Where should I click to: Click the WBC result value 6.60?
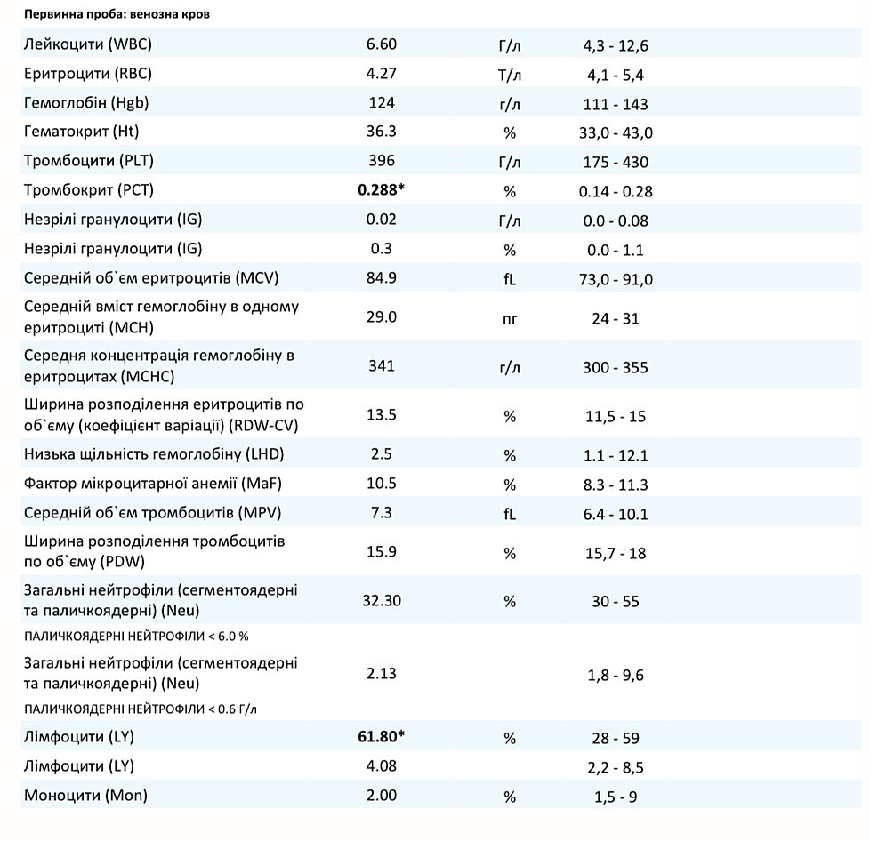click(x=382, y=44)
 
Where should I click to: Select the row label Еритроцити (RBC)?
click(x=88, y=74)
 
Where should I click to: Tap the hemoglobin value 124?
click(x=382, y=103)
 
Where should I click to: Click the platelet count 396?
click(x=382, y=161)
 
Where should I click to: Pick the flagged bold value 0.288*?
click(x=382, y=190)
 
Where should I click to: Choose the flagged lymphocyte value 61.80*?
click(x=382, y=736)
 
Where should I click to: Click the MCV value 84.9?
click(x=382, y=278)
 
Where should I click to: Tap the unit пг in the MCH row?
click(x=510, y=317)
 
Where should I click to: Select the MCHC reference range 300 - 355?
click(x=616, y=367)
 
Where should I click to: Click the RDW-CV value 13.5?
click(x=382, y=414)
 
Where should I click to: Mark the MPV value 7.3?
click(x=382, y=513)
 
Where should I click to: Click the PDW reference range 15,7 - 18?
click(x=616, y=553)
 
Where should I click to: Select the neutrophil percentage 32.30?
click(x=382, y=601)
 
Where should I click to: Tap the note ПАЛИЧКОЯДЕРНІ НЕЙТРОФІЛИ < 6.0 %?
click(x=136, y=637)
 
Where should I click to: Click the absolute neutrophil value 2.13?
click(x=382, y=674)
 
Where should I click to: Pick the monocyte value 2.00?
click(x=382, y=796)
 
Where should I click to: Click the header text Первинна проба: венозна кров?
click(x=117, y=15)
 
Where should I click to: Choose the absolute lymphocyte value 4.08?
click(x=382, y=765)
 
